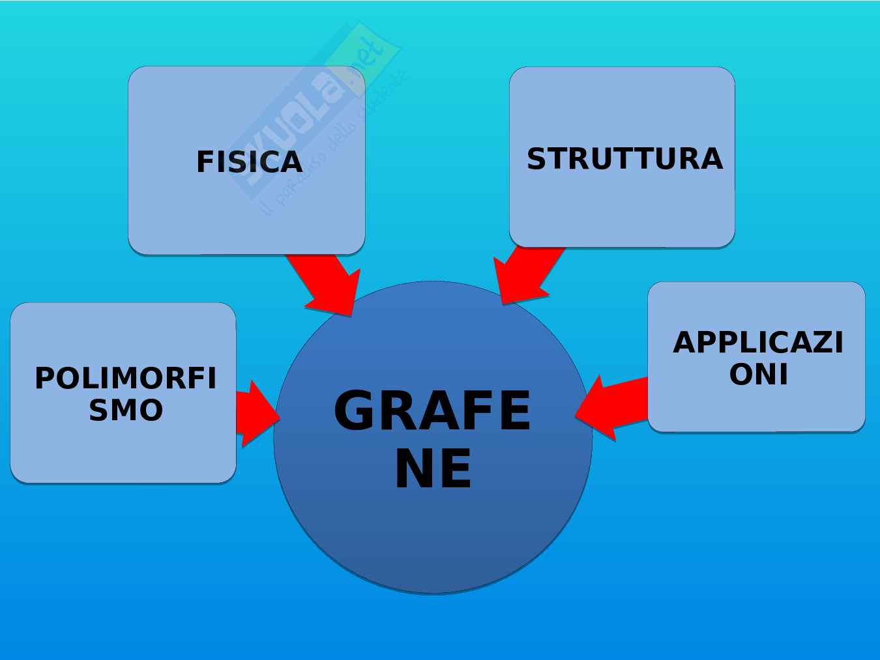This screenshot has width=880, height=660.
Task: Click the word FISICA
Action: pos(249,162)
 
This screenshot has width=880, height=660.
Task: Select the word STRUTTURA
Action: pos(624,159)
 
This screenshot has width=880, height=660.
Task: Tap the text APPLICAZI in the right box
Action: pos(757,343)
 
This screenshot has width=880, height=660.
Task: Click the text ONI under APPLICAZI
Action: pos(758,374)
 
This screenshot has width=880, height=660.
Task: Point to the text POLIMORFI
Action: pos(125,379)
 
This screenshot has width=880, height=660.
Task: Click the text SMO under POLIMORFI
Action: pos(126,410)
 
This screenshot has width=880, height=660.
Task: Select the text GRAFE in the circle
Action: pos(432,410)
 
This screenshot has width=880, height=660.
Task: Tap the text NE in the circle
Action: pos(433,469)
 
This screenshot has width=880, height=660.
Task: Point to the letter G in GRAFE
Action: pos(356,410)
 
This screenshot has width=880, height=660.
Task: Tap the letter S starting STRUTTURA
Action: pos(536,159)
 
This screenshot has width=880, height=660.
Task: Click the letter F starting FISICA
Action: pos(205,162)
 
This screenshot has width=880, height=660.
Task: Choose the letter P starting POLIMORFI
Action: pos(46,379)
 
